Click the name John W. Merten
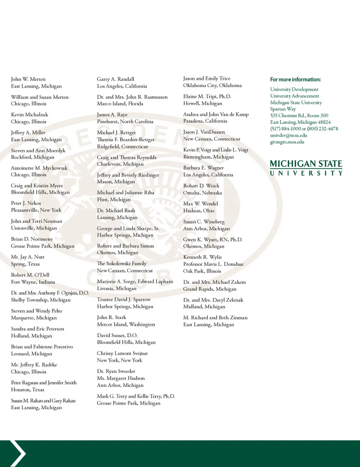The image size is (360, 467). click(x=28, y=79)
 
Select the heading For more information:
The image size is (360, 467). click(x=295, y=80)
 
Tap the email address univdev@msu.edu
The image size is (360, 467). click(x=288, y=135)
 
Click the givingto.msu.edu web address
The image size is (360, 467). click(x=287, y=142)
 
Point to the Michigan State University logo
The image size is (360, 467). click(x=306, y=168)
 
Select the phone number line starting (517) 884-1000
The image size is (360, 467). click(x=304, y=129)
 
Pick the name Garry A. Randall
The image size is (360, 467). click(x=115, y=79)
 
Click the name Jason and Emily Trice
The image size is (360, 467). click(x=207, y=78)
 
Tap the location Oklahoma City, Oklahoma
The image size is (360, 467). click(x=212, y=86)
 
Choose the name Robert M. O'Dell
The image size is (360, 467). click(x=30, y=275)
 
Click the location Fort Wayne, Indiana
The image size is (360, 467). click(x=33, y=282)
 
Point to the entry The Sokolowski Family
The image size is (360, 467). click(x=121, y=264)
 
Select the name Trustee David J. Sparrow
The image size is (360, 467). click(x=123, y=299)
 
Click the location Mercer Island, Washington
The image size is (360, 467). click(x=126, y=324)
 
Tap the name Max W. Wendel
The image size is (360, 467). click(x=200, y=204)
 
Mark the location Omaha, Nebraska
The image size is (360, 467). click(x=202, y=193)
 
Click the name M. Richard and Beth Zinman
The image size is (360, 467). click(x=215, y=318)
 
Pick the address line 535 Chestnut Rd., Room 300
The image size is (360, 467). click(x=299, y=116)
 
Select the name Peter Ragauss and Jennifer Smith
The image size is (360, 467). click(x=43, y=383)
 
